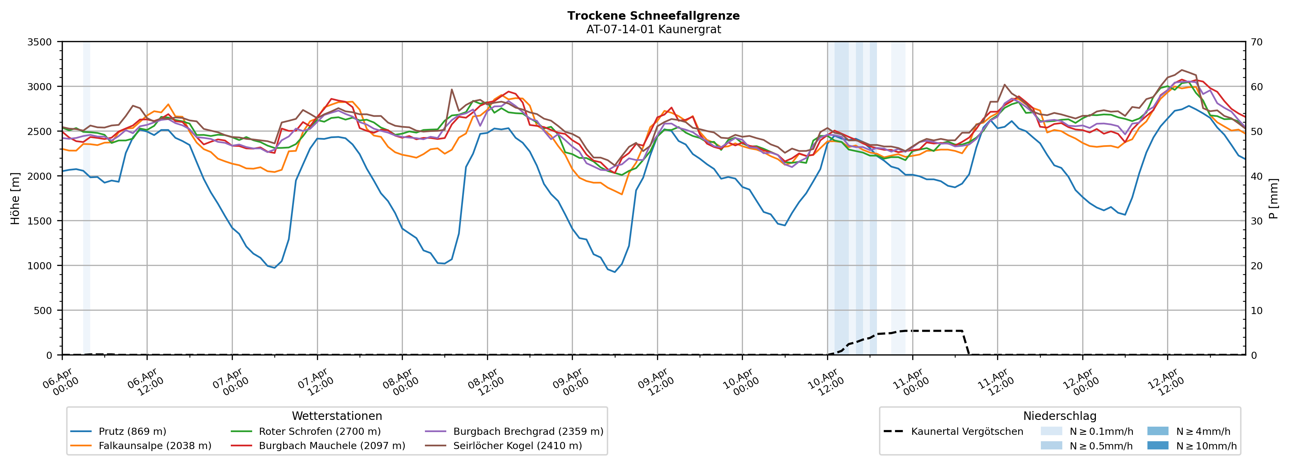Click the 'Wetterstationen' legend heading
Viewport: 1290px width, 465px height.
(337, 416)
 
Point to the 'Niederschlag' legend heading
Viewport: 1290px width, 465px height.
(1060, 416)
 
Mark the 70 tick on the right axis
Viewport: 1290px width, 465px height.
(1257, 42)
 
